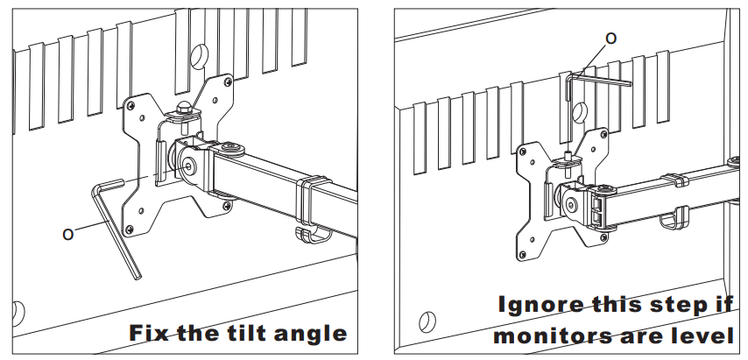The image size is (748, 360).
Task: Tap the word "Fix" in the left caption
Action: [x=149, y=332]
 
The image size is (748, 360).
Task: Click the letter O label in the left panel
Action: [x=68, y=234]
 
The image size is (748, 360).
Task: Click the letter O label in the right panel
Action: [x=610, y=39]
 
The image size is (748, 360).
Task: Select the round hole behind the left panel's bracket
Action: [x=199, y=56]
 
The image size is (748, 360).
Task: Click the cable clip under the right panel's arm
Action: [x=674, y=219]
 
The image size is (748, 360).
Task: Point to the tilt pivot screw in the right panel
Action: [x=571, y=206]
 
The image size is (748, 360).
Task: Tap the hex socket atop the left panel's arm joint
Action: [x=232, y=147]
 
